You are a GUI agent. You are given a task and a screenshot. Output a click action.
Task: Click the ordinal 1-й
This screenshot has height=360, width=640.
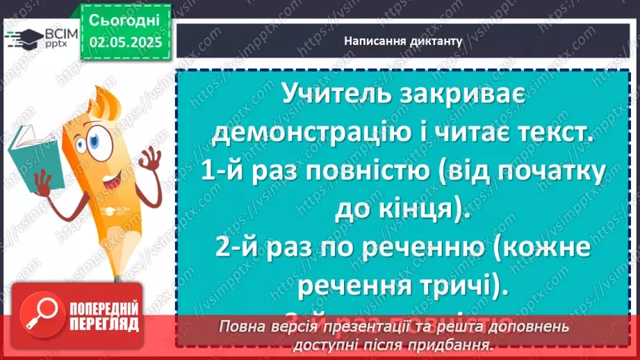[x=222, y=172]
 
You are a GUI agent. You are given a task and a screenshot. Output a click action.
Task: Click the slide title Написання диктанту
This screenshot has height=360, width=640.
[x=403, y=41]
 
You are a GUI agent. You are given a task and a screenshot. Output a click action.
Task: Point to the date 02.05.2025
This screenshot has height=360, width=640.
[x=126, y=42]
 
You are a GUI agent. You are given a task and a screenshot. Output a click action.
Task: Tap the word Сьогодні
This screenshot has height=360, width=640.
[x=125, y=19]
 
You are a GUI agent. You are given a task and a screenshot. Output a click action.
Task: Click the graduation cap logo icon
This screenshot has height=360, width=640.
[x=23, y=38]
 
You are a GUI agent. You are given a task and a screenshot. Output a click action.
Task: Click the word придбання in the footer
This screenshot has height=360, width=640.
[x=455, y=344]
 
